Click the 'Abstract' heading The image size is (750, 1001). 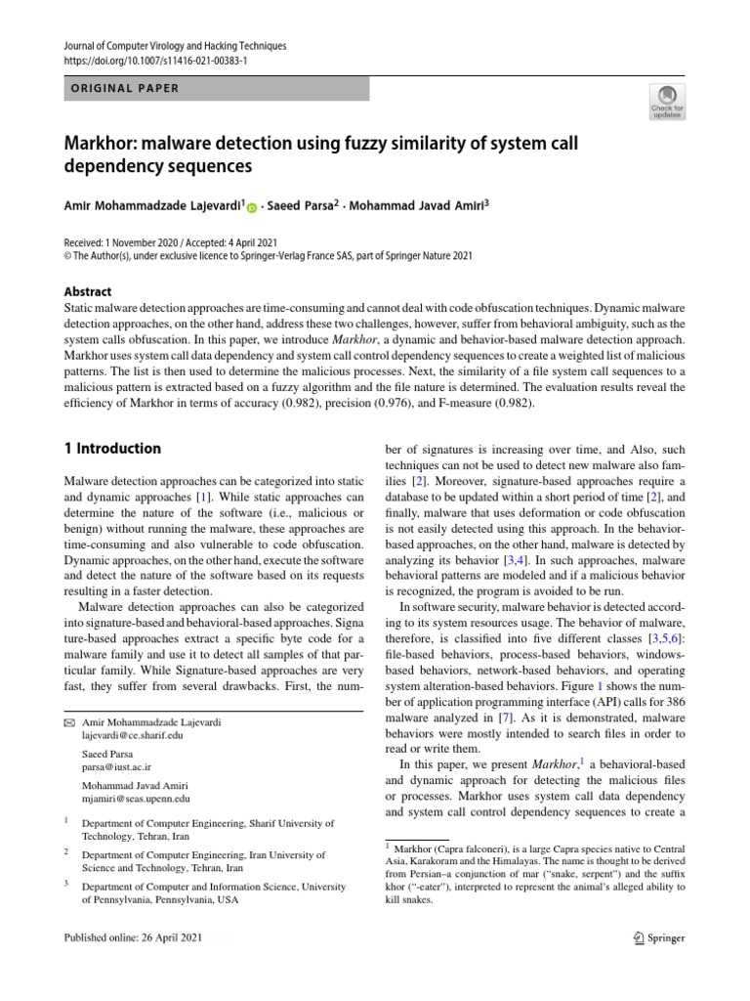tap(87, 291)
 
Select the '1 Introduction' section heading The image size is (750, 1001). tap(111, 449)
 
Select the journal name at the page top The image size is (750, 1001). tap(175, 45)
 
